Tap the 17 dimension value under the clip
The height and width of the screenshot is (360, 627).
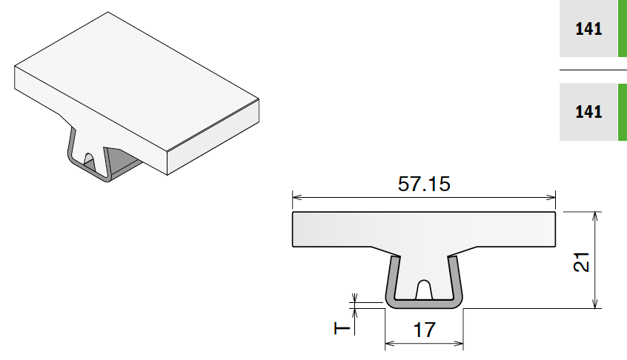pyautogui.click(x=424, y=330)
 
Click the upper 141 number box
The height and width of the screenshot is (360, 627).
pyautogui.click(x=588, y=29)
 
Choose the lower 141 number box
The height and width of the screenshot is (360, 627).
pyautogui.click(x=588, y=112)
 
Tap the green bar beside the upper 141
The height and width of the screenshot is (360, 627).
pyautogui.click(x=623, y=29)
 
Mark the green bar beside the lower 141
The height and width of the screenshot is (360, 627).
pyautogui.click(x=623, y=112)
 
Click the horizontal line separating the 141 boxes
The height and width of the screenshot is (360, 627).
pyautogui.click(x=593, y=70)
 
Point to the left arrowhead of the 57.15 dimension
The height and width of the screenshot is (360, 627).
pyautogui.click(x=296, y=197)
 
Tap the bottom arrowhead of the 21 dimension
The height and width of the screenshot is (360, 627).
pyautogui.click(x=594, y=304)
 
